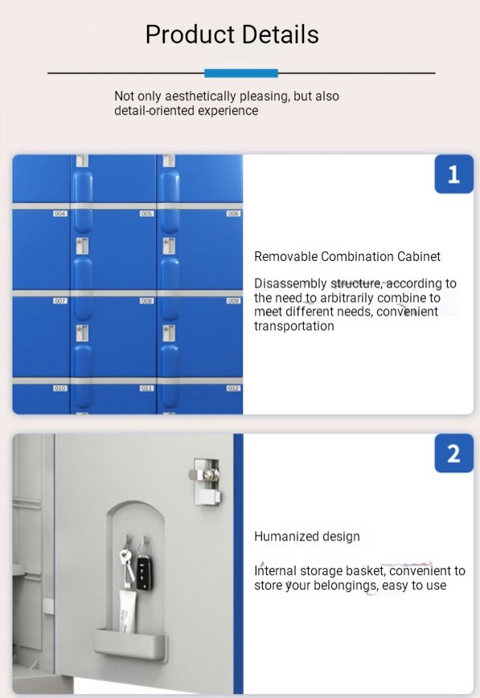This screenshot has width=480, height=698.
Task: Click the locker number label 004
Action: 59,214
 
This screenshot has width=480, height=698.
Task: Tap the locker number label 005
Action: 146,214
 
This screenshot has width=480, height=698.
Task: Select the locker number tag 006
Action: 233,214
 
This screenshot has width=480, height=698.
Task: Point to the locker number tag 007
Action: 59,300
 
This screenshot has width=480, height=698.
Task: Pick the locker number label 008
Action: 146,300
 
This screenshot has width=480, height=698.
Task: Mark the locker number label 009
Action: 233,300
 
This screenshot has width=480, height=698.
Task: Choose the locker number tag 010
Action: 59,388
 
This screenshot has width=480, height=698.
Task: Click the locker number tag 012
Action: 233,388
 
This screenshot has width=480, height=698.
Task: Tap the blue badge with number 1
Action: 453,174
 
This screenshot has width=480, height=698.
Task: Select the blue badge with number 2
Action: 453,454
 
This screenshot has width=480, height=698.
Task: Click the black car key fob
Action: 144,567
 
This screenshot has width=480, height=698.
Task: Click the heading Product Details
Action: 232,35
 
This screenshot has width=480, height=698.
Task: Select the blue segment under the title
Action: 240,73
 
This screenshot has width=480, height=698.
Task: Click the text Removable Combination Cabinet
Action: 347,257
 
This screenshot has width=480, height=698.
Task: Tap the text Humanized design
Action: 306,537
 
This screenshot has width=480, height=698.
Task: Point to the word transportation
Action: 294,326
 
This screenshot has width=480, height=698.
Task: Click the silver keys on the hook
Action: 127,562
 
